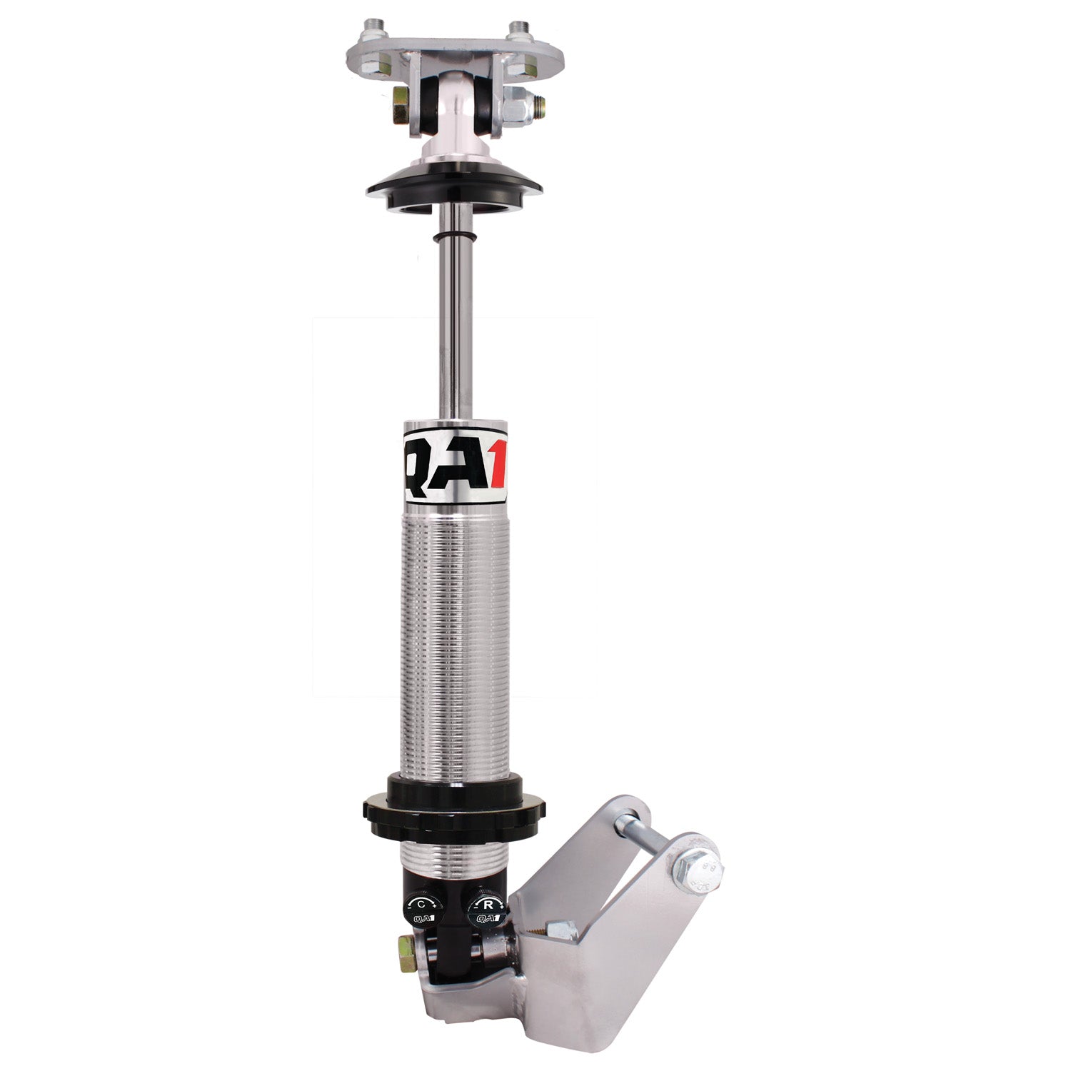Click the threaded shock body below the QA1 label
click(x=454, y=643)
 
